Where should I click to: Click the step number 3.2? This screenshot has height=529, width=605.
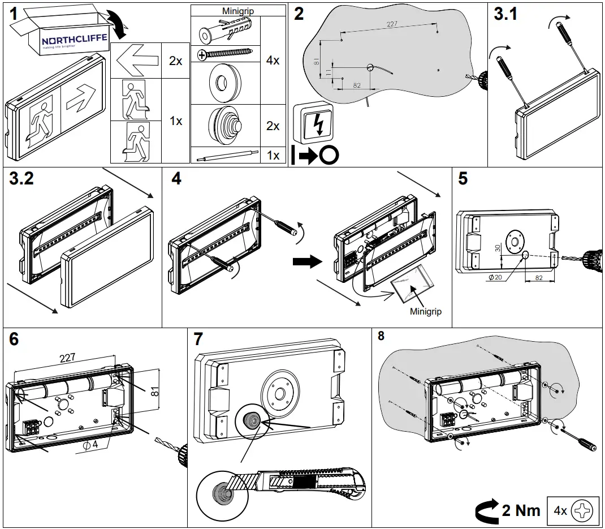[21, 179]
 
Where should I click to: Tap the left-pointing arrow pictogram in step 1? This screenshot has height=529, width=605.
[135, 60]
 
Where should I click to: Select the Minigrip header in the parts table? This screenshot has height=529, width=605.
[238, 10]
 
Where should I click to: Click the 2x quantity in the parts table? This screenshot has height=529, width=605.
[176, 60]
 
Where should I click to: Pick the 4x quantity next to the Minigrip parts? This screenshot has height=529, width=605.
[273, 60]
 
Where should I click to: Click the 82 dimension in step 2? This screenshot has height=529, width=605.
[357, 85]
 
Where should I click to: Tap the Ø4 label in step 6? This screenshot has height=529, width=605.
[90, 445]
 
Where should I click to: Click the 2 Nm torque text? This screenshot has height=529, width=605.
[521, 510]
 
